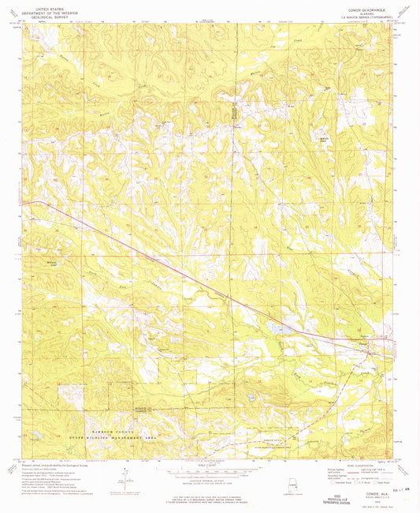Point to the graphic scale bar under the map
(x=210, y=474)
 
